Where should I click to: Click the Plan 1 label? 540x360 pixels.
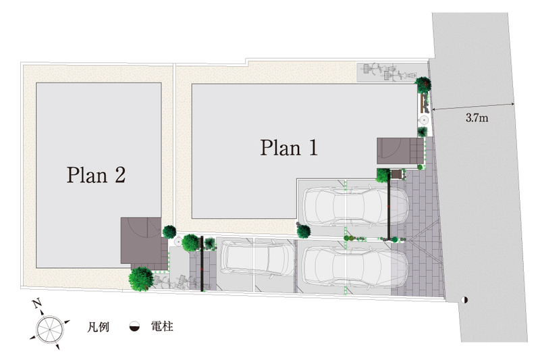(288, 147)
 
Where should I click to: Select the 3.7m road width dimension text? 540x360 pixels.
(477, 118)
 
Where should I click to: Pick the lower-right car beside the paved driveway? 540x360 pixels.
(355, 265)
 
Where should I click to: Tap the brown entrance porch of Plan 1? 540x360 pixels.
(400, 152)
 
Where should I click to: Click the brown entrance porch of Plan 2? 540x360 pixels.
(140, 240)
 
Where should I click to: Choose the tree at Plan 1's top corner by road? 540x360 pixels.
(423, 84)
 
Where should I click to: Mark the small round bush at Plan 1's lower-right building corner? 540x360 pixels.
(302, 231)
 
